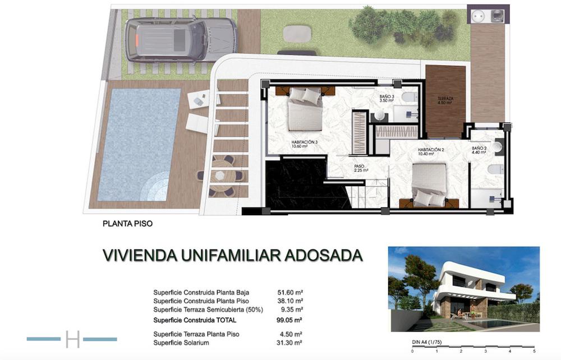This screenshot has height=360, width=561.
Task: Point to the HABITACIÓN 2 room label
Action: coord(430,151)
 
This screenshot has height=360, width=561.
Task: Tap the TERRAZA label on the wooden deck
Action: coord(445,100)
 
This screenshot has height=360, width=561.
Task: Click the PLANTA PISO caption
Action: coord(127,223)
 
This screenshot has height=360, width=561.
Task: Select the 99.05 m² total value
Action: coord(290,320)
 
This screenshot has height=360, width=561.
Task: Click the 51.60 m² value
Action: coord(290,292)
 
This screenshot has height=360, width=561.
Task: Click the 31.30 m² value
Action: coord(290,342)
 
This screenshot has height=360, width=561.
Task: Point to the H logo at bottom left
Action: coord(72,339)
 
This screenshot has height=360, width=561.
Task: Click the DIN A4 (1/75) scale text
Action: coord(425,341)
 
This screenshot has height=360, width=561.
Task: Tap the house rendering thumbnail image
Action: coord(463,289)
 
